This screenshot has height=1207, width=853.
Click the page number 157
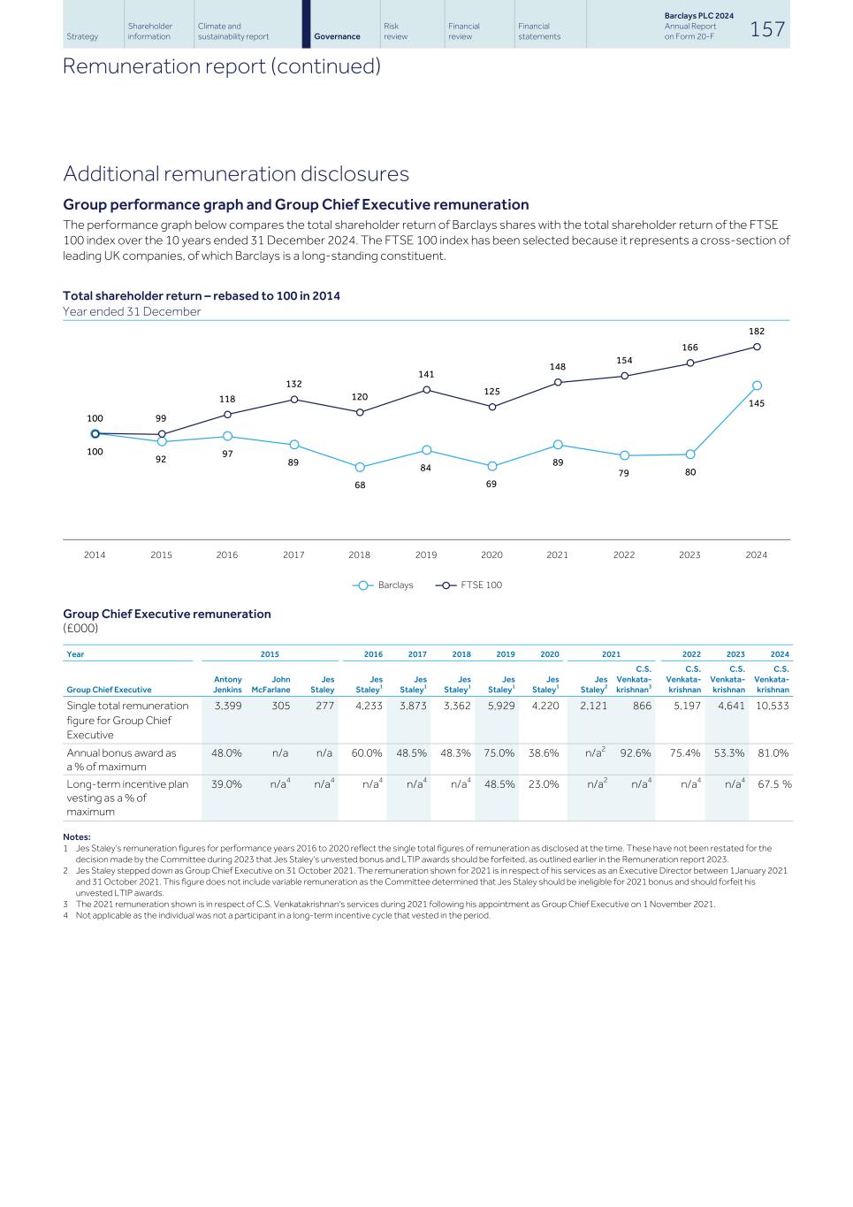point(766,29)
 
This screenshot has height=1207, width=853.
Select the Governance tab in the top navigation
point(337,36)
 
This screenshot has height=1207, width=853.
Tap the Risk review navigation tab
point(396,31)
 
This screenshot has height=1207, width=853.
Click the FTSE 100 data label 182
point(757,331)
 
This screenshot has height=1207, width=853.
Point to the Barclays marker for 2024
point(757,386)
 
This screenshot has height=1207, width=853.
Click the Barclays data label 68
point(360,485)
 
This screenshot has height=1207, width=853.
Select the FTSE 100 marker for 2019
point(427,390)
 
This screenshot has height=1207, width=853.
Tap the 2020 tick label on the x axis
point(491,555)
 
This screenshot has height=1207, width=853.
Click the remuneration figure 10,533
point(773,706)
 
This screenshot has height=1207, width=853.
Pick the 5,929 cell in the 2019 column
point(501,706)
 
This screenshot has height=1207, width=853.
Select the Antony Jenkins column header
point(228,684)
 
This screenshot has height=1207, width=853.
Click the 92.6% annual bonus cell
point(636,753)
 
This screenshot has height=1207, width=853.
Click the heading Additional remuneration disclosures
point(236,173)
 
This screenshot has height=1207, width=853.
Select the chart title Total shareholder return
point(202,295)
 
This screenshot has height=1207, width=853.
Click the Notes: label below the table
point(77,836)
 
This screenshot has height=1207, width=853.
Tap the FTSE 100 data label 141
point(426,374)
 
